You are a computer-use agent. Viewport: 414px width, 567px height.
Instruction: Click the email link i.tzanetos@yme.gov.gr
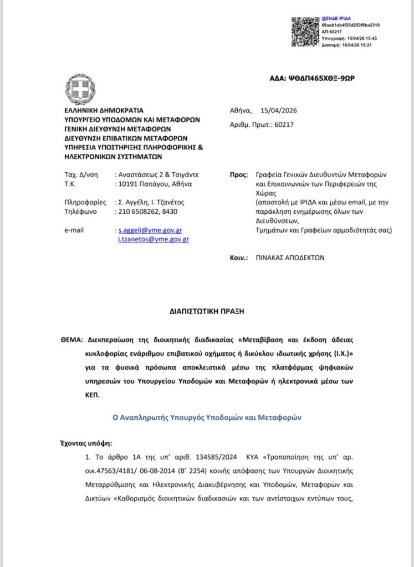[x=153, y=239]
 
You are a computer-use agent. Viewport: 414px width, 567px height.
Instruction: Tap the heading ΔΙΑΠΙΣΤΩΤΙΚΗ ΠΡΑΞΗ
[x=207, y=311]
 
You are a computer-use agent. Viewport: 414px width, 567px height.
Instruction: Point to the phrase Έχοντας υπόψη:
[x=85, y=444]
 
